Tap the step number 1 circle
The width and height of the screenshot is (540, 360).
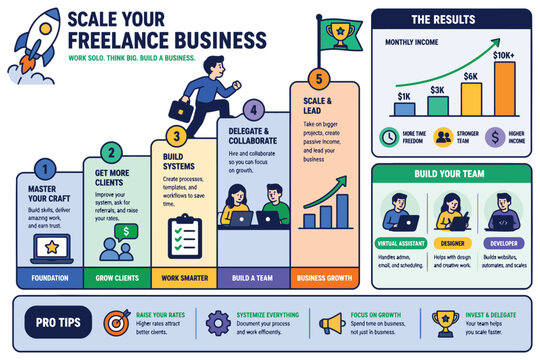click(43, 170)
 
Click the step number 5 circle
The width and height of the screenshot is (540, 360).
click(318, 78)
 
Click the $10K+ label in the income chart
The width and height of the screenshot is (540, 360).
click(504, 55)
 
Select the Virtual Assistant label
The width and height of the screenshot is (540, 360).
click(401, 243)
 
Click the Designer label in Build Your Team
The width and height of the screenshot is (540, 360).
click(452, 243)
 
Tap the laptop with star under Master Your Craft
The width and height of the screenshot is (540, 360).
click(46, 245)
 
